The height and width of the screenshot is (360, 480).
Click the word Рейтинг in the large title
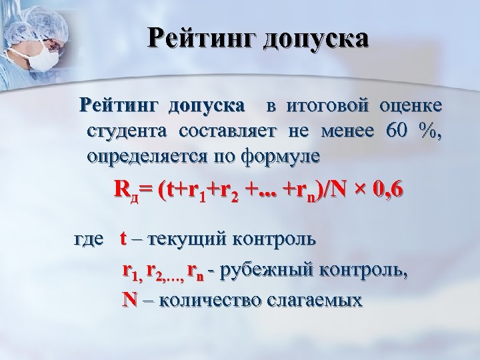(200, 37)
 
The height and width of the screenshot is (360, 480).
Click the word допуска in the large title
(316, 39)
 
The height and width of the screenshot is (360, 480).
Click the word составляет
(223, 131)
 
